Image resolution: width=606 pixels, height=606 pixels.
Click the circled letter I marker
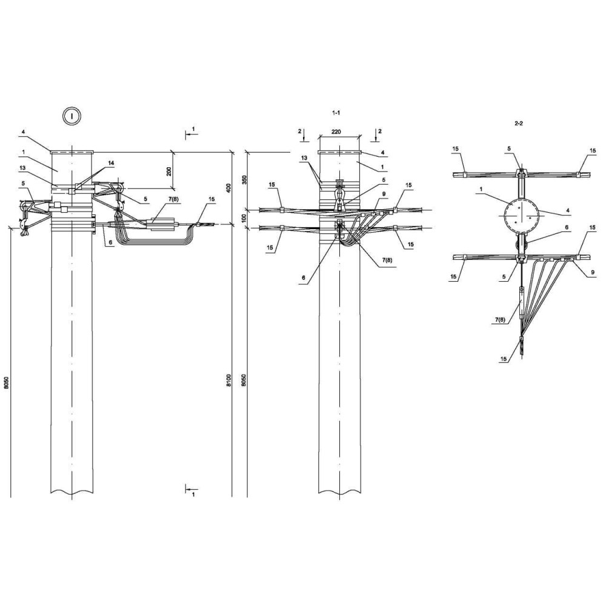pyautogui.click(x=72, y=115)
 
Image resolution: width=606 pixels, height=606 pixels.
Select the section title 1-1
pyautogui.click(x=336, y=113)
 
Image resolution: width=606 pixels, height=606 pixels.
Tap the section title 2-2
pyautogui.click(x=519, y=124)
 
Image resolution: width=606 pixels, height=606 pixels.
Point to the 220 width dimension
pyautogui.click(x=336, y=132)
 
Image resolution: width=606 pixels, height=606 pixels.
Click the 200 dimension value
pyautogui.click(x=169, y=170)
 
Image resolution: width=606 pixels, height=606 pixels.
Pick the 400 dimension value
pyautogui.click(x=228, y=188)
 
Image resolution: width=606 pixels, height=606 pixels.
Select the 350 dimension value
pyautogui.click(x=244, y=181)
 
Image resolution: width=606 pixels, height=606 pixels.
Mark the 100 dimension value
pyautogui.click(x=244, y=219)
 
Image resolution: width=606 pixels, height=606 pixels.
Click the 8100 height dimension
pyautogui.click(x=228, y=381)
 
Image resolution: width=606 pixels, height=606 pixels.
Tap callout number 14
pyautogui.click(x=112, y=164)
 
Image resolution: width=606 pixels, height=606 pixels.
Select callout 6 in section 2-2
pyautogui.click(x=567, y=227)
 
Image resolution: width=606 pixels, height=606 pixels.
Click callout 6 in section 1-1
pyautogui.click(x=304, y=278)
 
